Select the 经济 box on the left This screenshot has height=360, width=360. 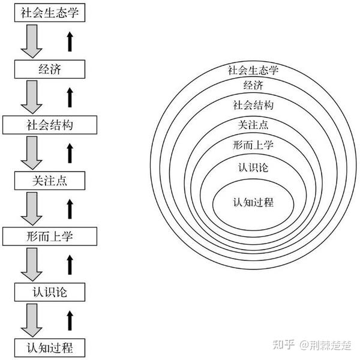[x=49, y=70]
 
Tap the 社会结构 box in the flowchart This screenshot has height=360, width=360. [x=49, y=125]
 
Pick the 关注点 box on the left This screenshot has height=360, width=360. [x=49, y=180]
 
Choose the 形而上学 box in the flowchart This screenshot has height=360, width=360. [x=49, y=236]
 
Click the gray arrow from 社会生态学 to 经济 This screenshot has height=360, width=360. [x=30, y=42]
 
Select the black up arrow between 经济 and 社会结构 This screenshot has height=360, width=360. [x=70, y=97]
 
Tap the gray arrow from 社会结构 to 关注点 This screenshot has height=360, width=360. [x=30, y=152]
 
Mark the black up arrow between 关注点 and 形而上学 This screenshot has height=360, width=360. [x=70, y=208]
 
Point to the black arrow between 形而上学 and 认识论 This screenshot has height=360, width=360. [x=70, y=263]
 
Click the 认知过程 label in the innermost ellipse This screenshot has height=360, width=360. [x=253, y=202]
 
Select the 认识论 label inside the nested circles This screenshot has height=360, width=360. [x=253, y=167]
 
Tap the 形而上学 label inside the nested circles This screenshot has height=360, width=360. [x=253, y=144]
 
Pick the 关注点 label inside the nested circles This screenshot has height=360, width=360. [x=253, y=124]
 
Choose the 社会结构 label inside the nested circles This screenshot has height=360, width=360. [x=253, y=105]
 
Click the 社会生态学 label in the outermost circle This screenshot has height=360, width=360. [x=253, y=70]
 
